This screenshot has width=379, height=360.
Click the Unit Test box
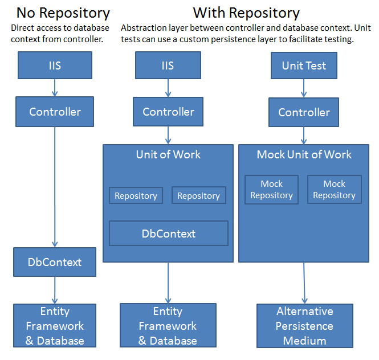click(304, 66)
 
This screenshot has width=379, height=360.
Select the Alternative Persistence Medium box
click(304, 326)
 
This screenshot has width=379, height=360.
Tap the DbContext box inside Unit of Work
click(169, 234)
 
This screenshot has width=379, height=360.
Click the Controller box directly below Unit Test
click(304, 112)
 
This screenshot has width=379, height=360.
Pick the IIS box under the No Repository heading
click(55, 66)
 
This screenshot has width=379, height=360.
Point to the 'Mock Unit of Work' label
click(304, 154)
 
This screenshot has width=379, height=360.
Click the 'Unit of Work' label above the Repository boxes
click(168, 154)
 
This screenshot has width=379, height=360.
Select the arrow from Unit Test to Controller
click(304, 88)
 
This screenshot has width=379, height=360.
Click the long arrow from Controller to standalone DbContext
click(55, 187)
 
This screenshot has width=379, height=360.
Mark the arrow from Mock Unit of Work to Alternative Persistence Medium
click(304, 283)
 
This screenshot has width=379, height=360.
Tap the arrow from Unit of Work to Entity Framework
click(168, 283)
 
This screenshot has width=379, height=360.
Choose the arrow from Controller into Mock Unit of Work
click(304, 136)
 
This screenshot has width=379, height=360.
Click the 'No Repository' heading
click(63, 13)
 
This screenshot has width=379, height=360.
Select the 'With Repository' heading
click(246, 13)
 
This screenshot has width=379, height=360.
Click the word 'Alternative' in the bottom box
click(305, 311)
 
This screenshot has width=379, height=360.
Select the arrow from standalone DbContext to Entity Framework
click(55, 290)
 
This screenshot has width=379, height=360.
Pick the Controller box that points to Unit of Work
click(168, 112)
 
